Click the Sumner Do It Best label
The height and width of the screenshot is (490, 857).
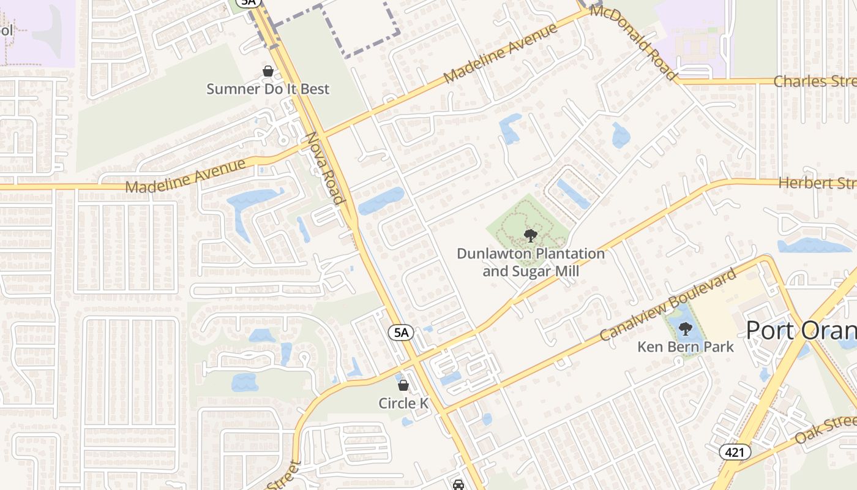click(268, 89)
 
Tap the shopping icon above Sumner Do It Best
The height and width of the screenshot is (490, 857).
click(268, 72)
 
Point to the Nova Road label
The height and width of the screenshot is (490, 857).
click(323, 168)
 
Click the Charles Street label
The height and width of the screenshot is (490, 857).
click(814, 81)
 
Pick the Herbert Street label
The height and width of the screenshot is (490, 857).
click(817, 183)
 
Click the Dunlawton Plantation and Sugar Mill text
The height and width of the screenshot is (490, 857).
click(531, 262)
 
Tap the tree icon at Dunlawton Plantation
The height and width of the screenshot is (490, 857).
click(531, 235)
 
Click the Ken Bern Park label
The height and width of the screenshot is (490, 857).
click(685, 347)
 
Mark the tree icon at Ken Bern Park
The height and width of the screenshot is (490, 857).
click(686, 329)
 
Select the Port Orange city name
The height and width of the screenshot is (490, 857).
click(801, 330)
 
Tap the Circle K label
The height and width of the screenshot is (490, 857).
click(403, 403)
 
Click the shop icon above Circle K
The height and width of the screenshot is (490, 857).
click(403, 385)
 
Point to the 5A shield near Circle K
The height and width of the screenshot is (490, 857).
click(401, 333)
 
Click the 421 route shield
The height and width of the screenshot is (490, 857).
click(732, 452)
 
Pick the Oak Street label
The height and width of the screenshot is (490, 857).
click(826, 431)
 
